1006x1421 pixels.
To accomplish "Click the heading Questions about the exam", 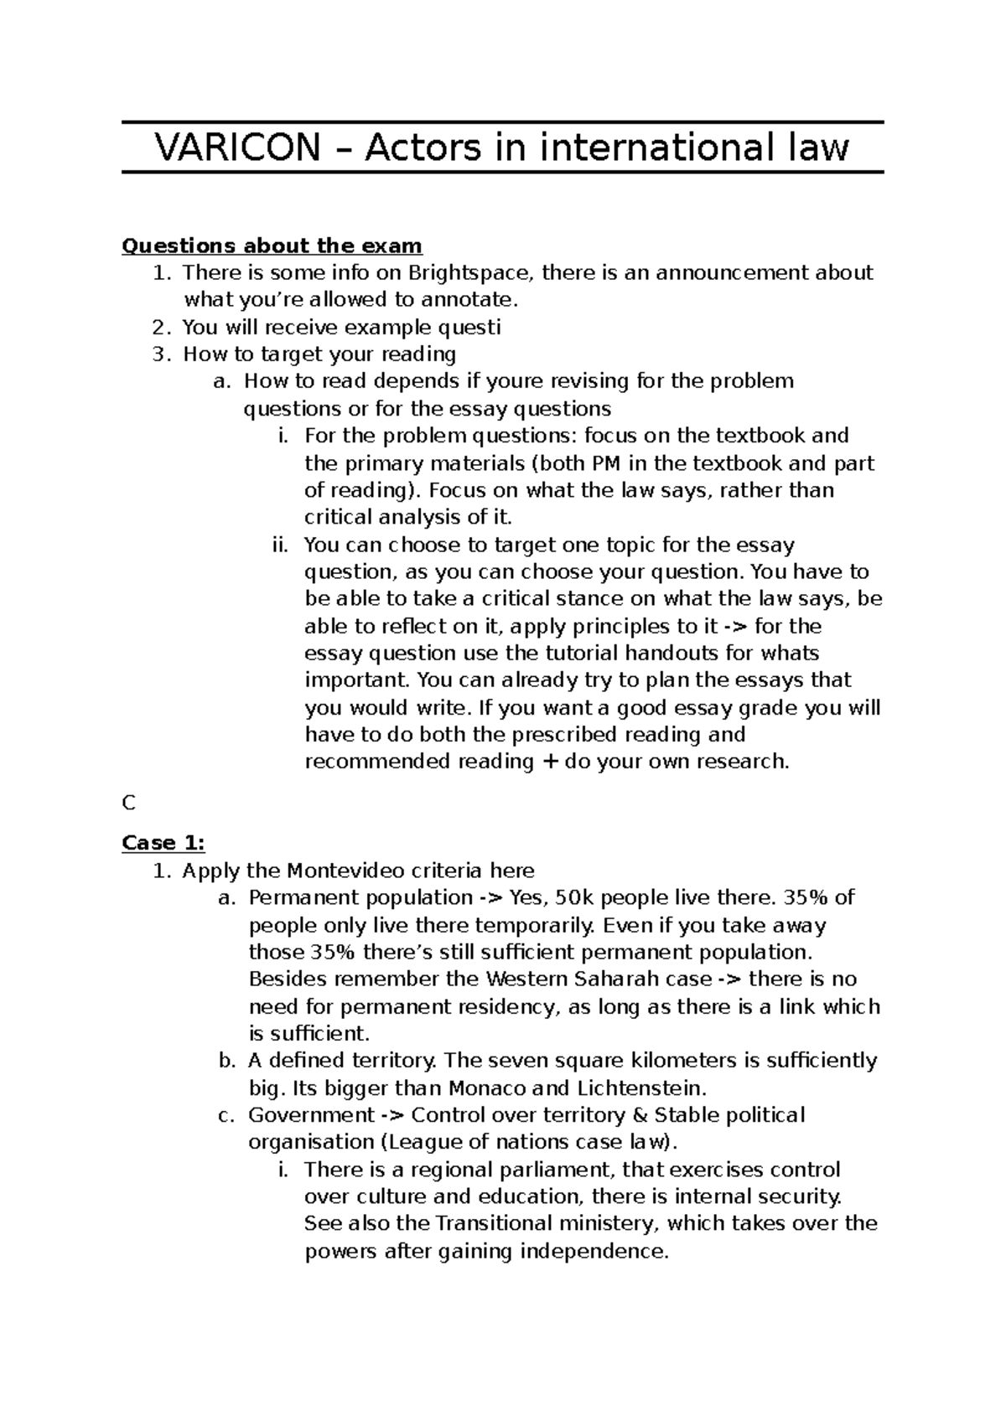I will tap(272, 245).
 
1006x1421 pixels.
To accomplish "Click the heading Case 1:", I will tap(163, 843).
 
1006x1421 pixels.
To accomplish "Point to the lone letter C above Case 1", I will tap(128, 804).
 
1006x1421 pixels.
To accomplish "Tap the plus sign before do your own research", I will tap(549, 762).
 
